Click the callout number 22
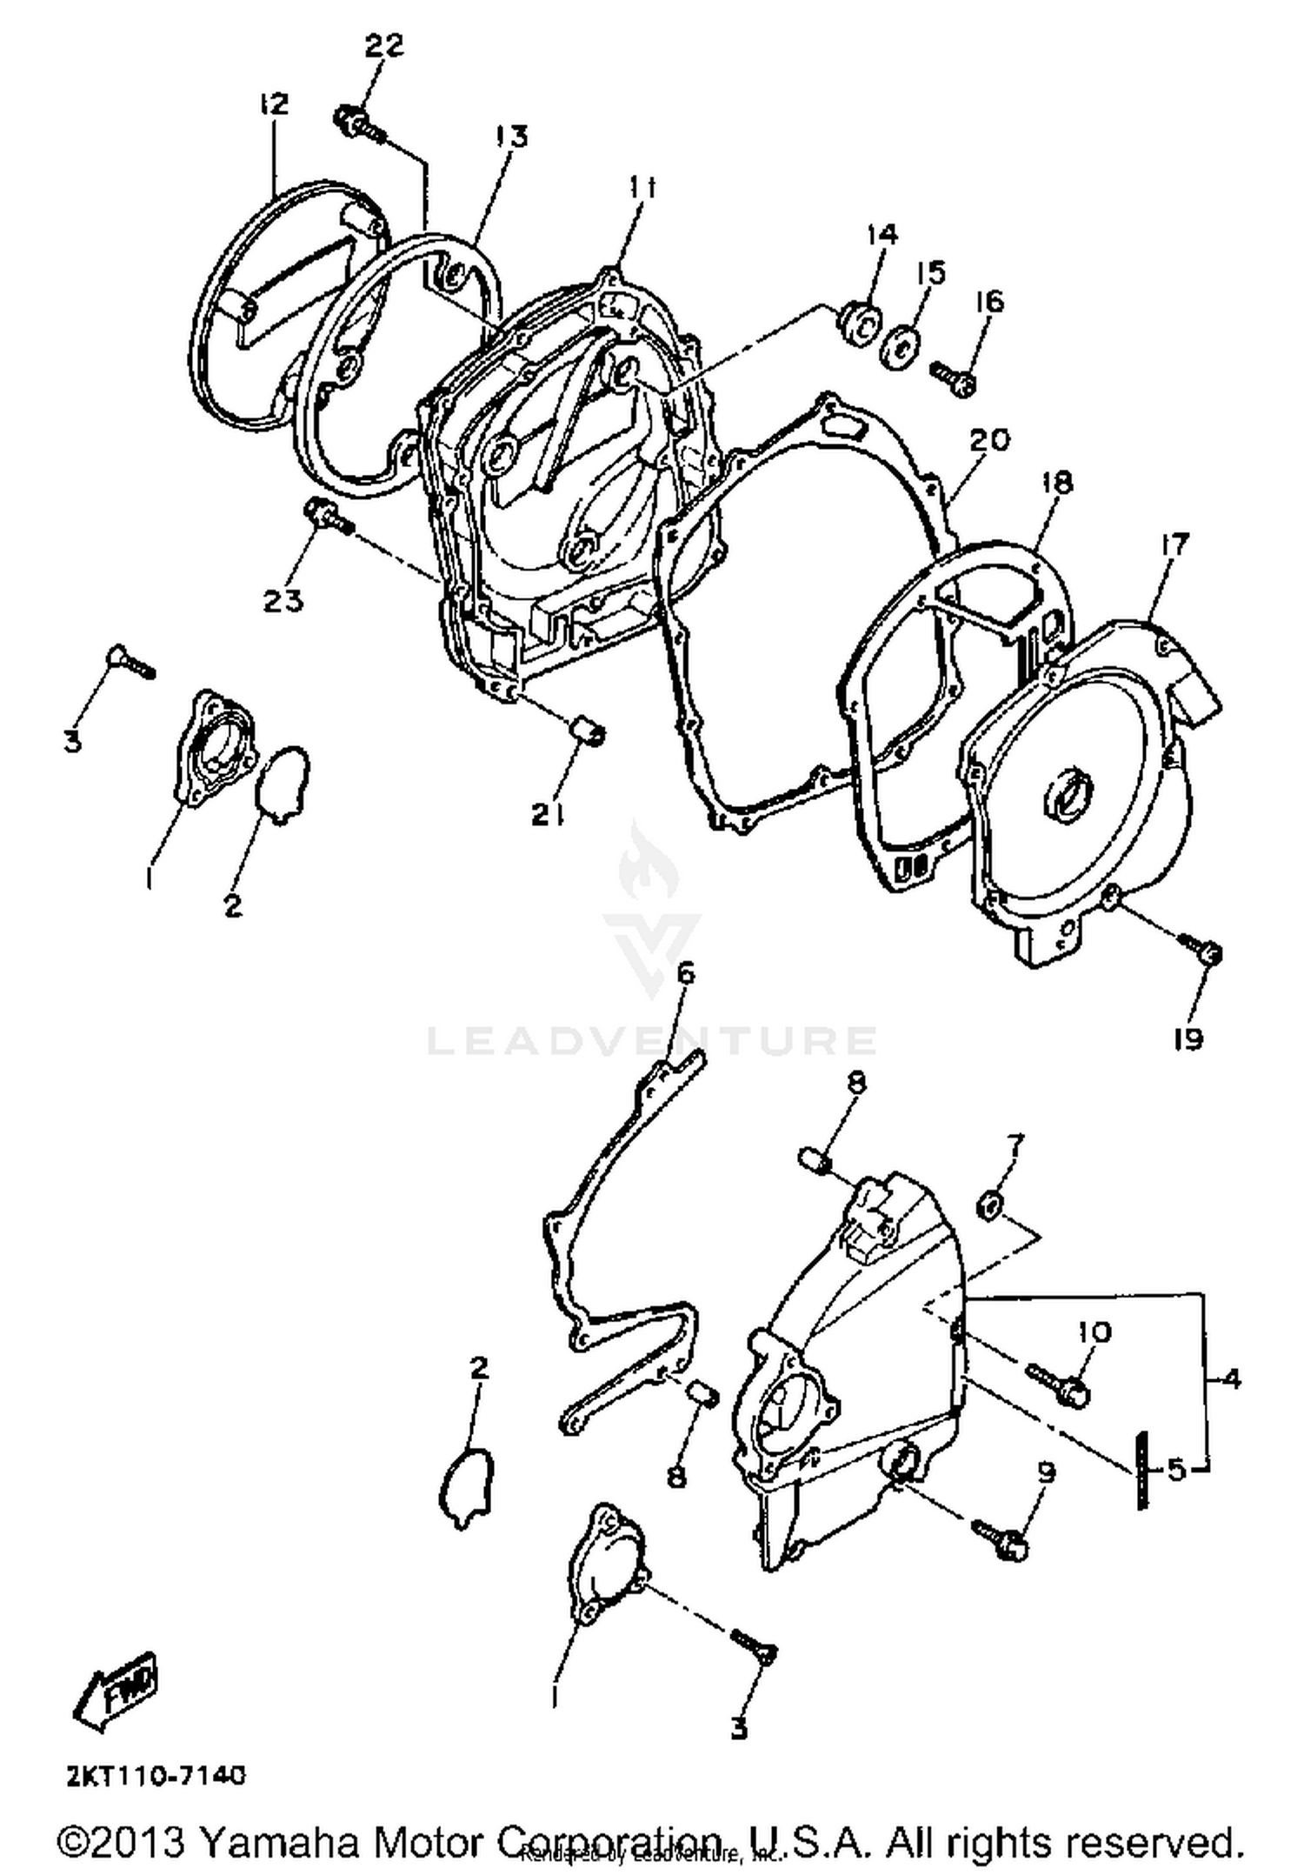[383, 46]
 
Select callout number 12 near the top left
[273, 104]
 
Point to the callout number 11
[643, 186]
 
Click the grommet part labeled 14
[856, 323]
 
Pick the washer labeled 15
[900, 348]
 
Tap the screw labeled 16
[953, 377]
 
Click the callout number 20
[988, 440]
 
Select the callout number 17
[1174, 545]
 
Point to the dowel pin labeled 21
[588, 732]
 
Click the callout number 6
[686, 972]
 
